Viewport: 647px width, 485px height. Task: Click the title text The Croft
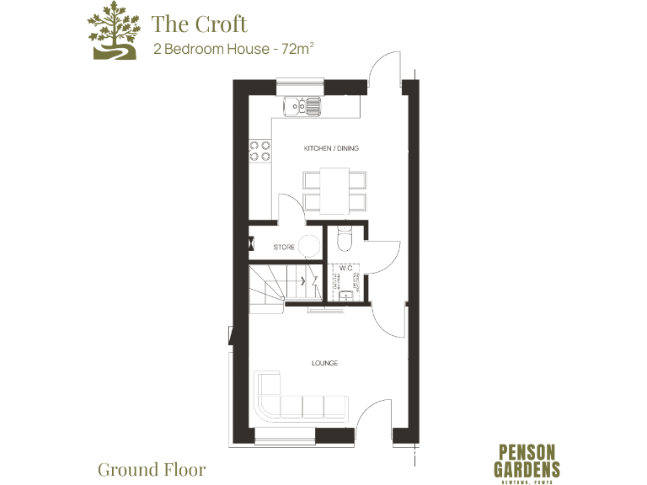[x=200, y=23]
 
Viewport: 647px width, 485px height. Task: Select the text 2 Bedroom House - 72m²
[x=233, y=49]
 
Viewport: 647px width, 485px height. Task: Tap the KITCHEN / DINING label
[x=331, y=148]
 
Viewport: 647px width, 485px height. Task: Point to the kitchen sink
[x=302, y=106]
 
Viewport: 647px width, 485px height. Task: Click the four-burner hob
[x=259, y=151]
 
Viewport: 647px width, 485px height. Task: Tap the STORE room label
[x=284, y=248]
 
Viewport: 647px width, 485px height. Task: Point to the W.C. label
[x=345, y=269]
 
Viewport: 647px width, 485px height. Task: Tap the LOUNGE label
[x=324, y=363]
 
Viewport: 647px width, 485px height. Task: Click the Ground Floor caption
[x=152, y=468]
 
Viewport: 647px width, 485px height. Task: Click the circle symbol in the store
[x=310, y=246]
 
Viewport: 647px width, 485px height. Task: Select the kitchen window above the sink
[x=300, y=86]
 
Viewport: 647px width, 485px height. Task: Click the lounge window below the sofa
[x=286, y=434]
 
